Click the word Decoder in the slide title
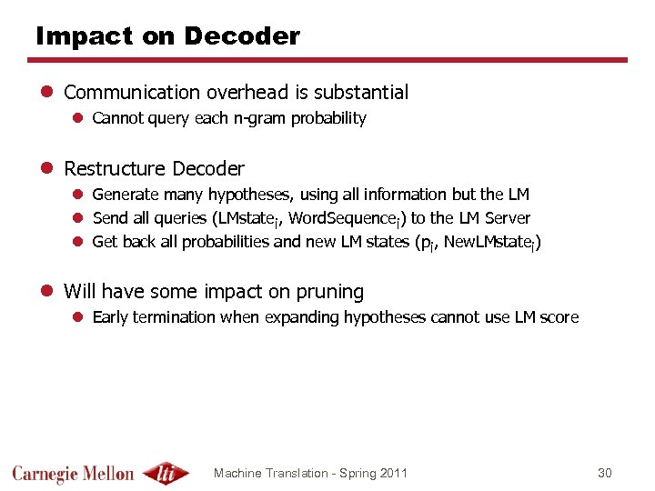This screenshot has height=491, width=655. (x=241, y=36)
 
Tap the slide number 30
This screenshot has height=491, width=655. (x=605, y=473)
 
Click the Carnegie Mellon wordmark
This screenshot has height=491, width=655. (x=73, y=474)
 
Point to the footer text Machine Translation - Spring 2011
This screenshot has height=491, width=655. (x=310, y=473)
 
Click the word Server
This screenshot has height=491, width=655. (x=508, y=218)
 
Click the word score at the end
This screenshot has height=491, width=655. (x=559, y=317)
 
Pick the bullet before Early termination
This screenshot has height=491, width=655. (x=79, y=317)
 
